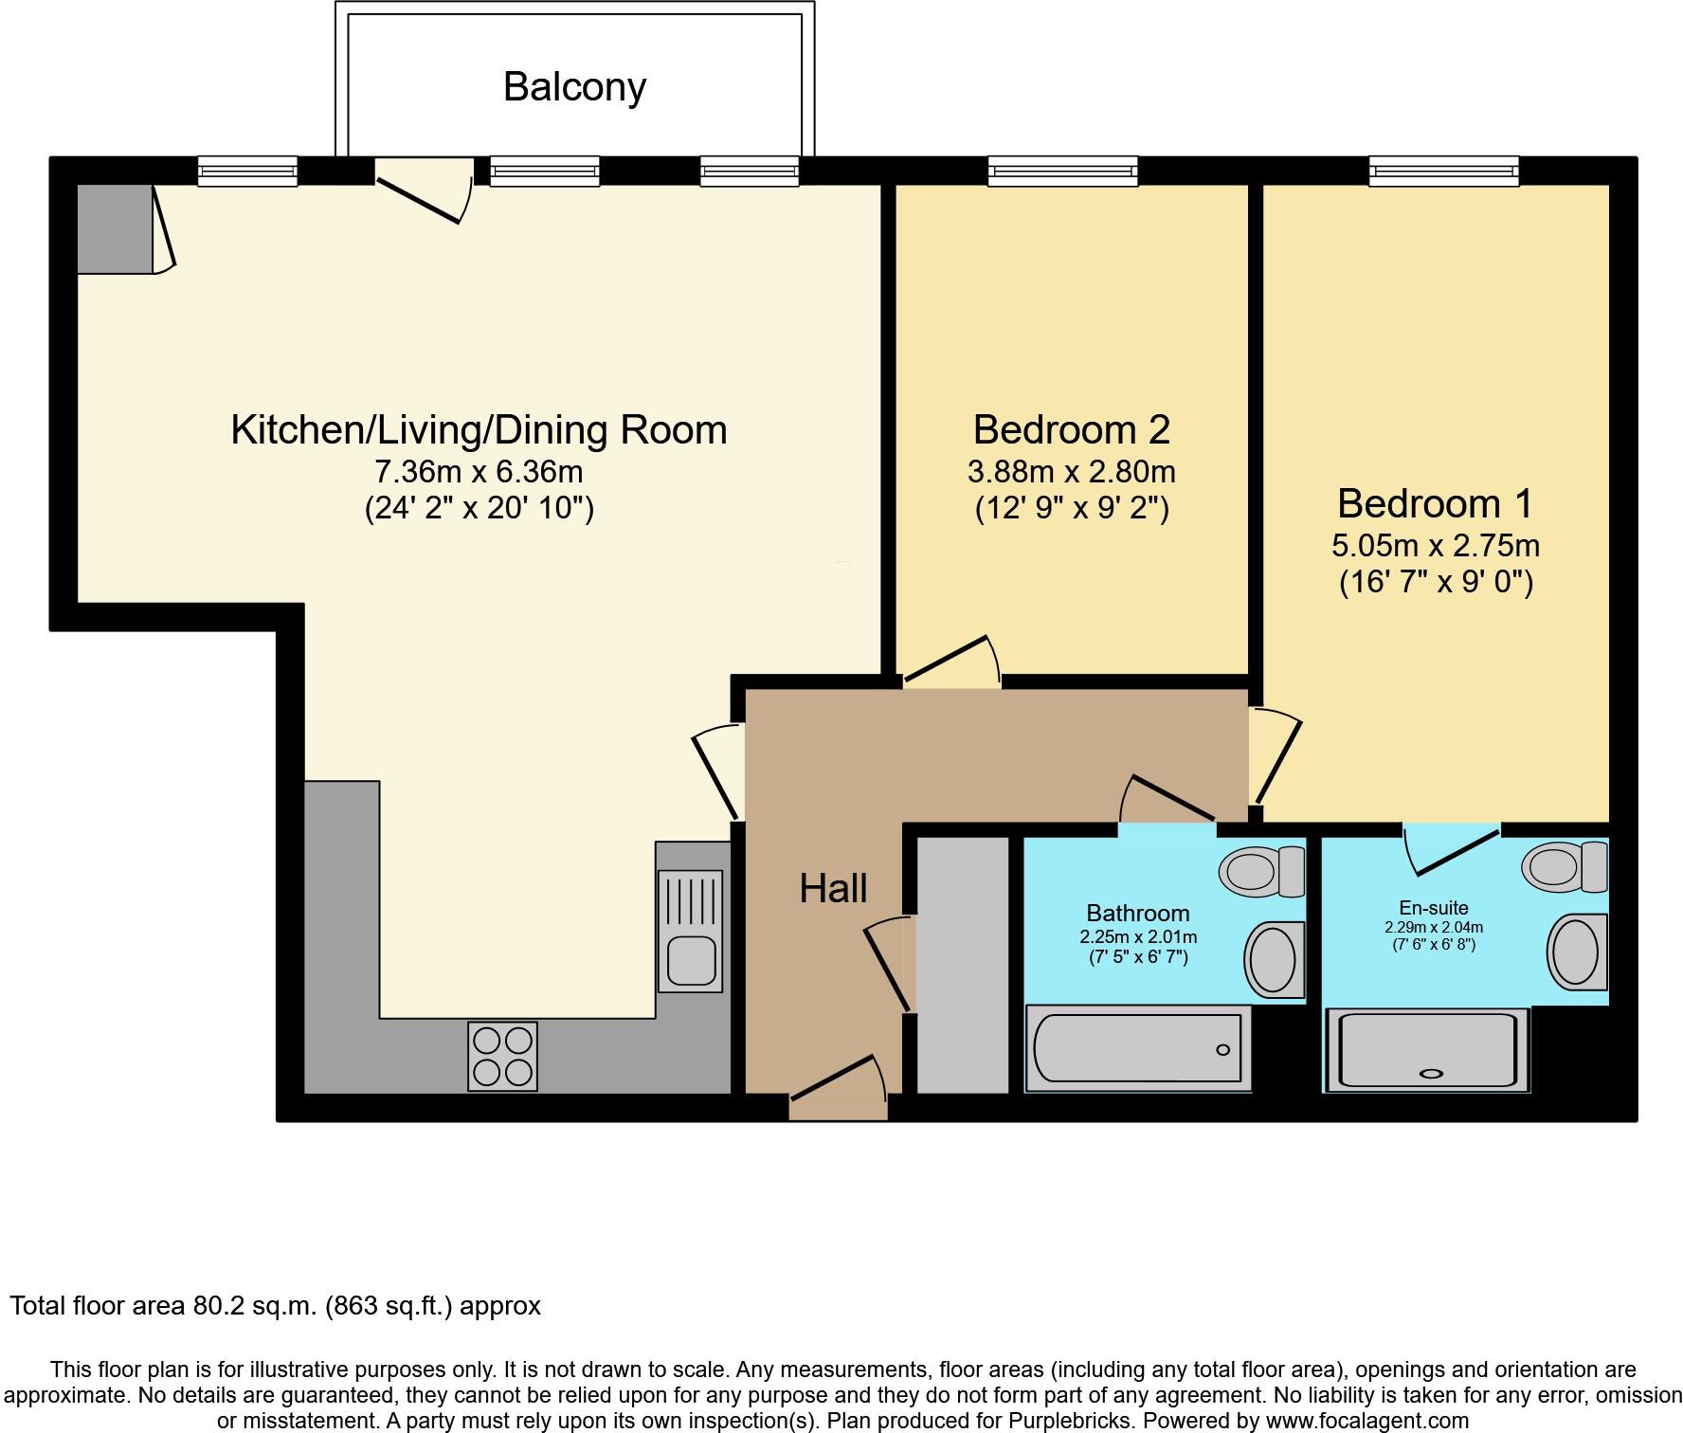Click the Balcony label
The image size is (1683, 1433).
pyautogui.click(x=574, y=87)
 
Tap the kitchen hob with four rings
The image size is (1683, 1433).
pyautogui.click(x=502, y=1056)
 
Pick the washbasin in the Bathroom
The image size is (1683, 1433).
pyautogui.click(x=1275, y=960)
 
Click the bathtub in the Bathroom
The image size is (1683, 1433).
pyautogui.click(x=1138, y=1048)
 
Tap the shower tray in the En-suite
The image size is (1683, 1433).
pyautogui.click(x=1427, y=1050)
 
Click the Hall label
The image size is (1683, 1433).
pyautogui.click(x=834, y=888)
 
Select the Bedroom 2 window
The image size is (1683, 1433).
pyautogui.click(x=1062, y=171)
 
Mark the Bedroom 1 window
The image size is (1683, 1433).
pyautogui.click(x=1443, y=171)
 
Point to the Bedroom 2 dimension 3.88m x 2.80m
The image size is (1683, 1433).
pyautogui.click(x=1072, y=471)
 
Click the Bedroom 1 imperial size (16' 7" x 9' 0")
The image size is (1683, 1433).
pyautogui.click(x=1437, y=581)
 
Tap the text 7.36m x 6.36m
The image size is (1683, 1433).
pyautogui.click(x=479, y=471)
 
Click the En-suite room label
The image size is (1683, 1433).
pyautogui.click(x=1434, y=908)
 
